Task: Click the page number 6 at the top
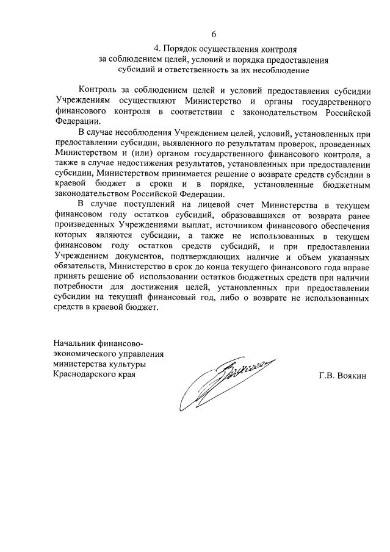coord(214,34)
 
